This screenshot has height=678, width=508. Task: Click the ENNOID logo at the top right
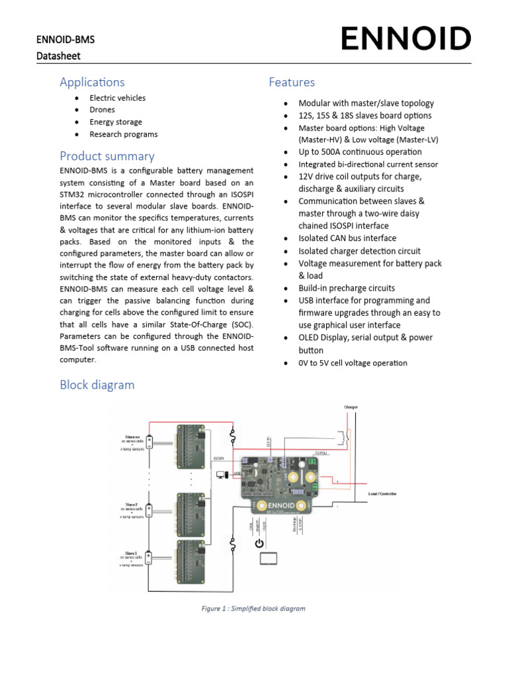pyautogui.click(x=406, y=39)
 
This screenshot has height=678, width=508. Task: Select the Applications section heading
pyautogui.click(x=92, y=82)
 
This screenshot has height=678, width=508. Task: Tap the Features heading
pyautogui.click(x=292, y=82)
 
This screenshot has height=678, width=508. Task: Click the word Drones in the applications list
pyautogui.click(x=102, y=110)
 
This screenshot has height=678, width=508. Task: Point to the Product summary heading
pyautogui.click(x=107, y=156)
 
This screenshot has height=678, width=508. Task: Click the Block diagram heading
pyautogui.click(x=97, y=385)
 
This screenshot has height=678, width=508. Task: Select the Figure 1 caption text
pyautogui.click(x=254, y=608)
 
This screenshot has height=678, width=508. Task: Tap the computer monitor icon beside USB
pyautogui.click(x=222, y=474)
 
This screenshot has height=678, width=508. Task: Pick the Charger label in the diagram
pyautogui.click(x=351, y=407)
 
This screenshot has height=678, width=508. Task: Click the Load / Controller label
pyautogui.click(x=382, y=494)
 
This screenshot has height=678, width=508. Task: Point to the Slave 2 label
pyautogui.click(x=131, y=505)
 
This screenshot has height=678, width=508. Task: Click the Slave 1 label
pyautogui.click(x=131, y=553)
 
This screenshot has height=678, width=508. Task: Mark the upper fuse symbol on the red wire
pyautogui.click(x=232, y=436)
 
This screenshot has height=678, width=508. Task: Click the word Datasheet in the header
pyautogui.click(x=58, y=56)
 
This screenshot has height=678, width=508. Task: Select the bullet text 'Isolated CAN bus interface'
pyautogui.click(x=347, y=238)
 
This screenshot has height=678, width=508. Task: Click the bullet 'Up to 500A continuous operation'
pyautogui.click(x=360, y=152)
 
